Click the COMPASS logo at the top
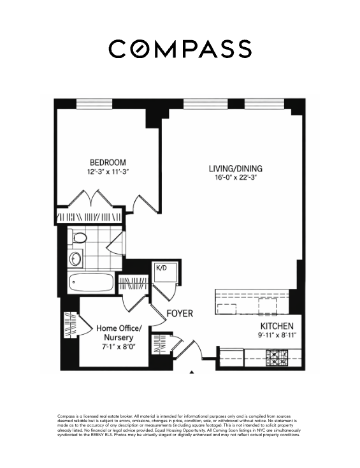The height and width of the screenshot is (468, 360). [180, 48]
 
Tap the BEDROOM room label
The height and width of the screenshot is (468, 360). [107, 162]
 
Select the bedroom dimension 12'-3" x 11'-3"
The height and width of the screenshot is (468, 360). [107, 172]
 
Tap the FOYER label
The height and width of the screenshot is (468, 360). [180, 314]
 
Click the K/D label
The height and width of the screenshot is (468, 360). [161, 268]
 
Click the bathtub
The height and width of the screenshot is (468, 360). [91, 282]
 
